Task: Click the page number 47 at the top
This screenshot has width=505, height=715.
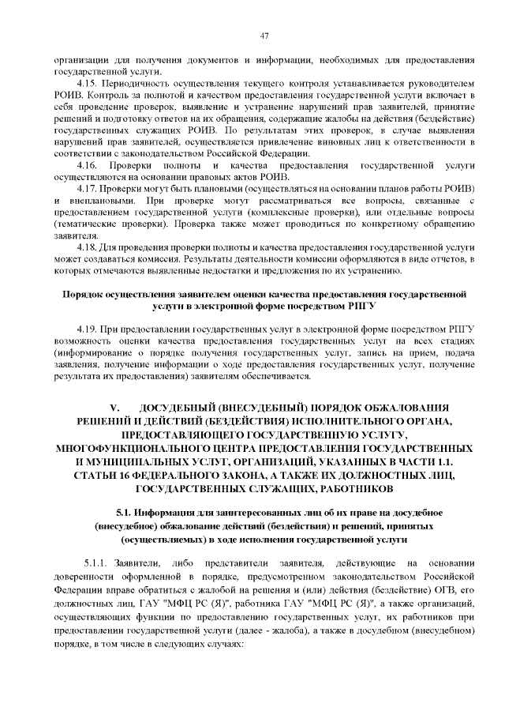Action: coord(264,35)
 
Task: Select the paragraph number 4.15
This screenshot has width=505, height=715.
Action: coord(87,83)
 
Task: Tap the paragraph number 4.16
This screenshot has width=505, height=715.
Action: coord(87,164)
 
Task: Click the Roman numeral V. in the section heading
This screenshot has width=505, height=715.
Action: coord(115,408)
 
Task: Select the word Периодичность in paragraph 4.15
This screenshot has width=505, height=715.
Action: coord(137,83)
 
